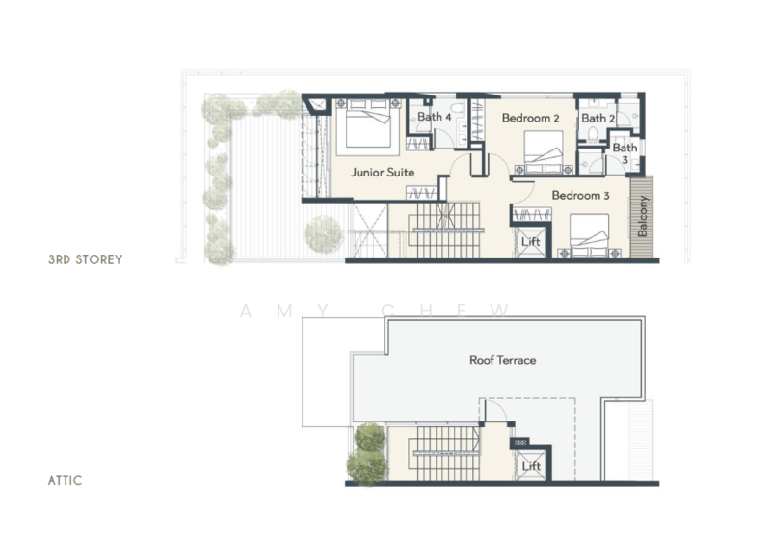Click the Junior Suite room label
pos(383,173)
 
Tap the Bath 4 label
pos(434,117)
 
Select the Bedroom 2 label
pos(530,118)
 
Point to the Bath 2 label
pos(595,118)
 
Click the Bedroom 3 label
pos(580,196)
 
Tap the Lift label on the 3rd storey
pos(530,242)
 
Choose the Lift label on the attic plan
pos(531,466)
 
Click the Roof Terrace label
pos(502,360)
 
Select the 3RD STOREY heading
pos(85,260)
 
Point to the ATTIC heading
pos(65,479)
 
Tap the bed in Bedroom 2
pos(546,150)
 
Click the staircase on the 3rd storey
pos(446,229)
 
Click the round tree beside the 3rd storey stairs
pos(323,232)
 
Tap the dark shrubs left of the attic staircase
pos(368,453)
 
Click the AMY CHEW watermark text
pos(375,311)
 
